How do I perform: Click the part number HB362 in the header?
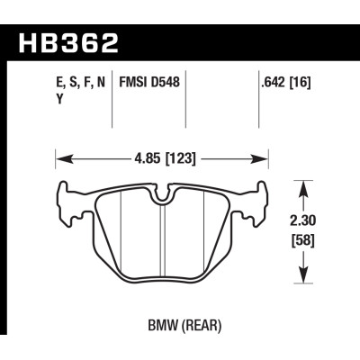pyautogui.click(x=67, y=42)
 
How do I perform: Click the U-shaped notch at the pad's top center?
pyautogui.click(x=163, y=191)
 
